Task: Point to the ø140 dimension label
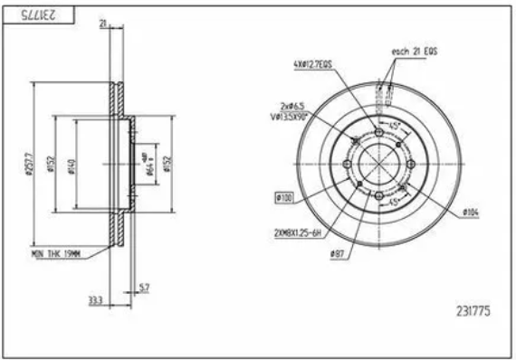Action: (x=72, y=165)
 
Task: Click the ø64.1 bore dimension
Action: (x=148, y=163)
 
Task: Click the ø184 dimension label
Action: (x=469, y=212)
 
